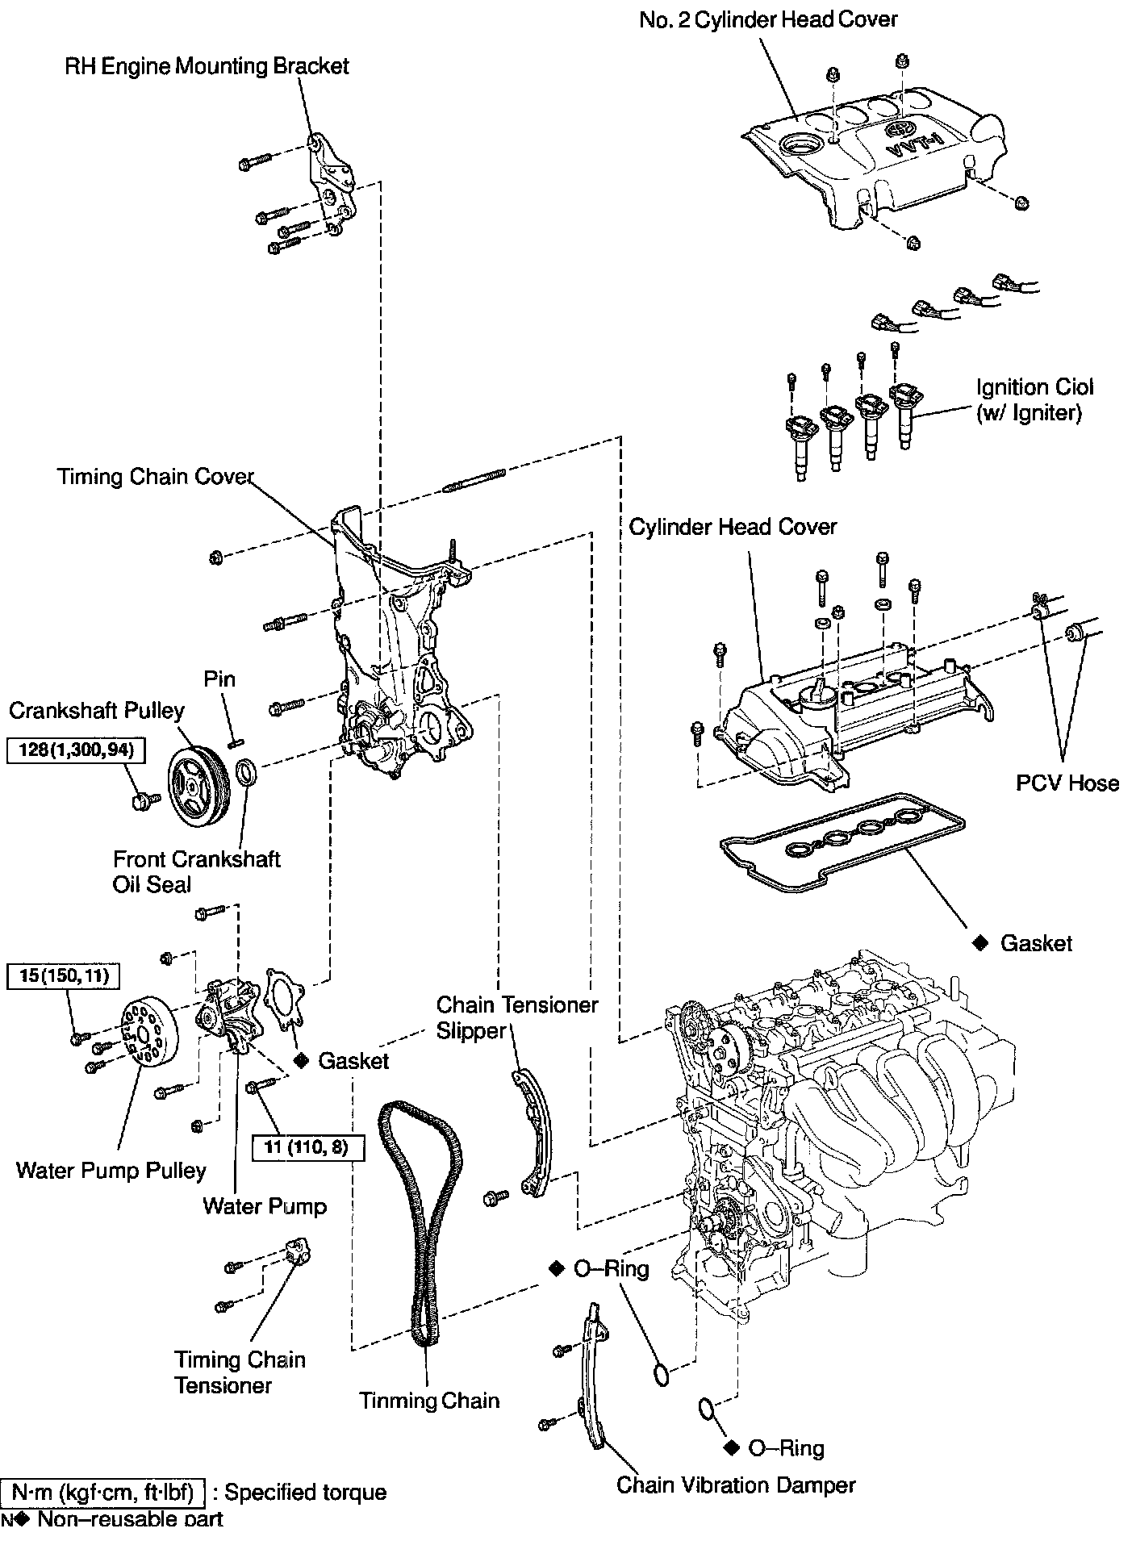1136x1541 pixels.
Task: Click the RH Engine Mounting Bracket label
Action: coord(207,65)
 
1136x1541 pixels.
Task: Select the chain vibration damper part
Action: coord(593,1380)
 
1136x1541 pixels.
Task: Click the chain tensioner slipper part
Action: coord(533,1130)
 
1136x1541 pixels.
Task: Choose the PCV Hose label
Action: coord(1067,783)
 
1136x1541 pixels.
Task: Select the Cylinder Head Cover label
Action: coord(733,527)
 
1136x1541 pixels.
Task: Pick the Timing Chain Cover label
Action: coord(156,476)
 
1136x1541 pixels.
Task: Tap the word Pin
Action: coord(219,679)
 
